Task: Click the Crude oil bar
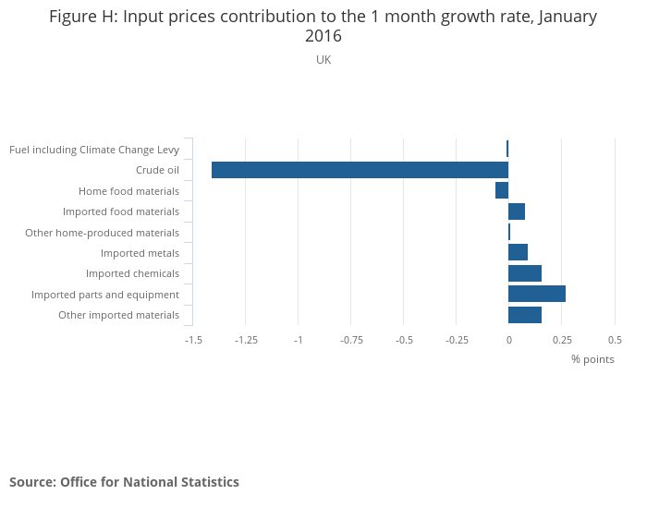(360, 170)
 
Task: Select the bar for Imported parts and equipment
(537, 295)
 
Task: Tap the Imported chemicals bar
(525, 273)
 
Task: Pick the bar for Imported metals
(518, 252)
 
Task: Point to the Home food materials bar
(502, 190)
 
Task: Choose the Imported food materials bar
(517, 211)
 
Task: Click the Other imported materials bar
(525, 315)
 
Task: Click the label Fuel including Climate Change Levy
(93, 150)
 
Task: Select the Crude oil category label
(157, 170)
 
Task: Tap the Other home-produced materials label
(102, 233)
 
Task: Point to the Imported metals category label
(140, 253)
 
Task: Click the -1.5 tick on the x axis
(193, 340)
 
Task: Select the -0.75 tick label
(351, 340)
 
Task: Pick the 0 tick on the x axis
(508, 340)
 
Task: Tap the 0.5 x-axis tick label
(615, 340)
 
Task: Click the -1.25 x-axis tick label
(246, 340)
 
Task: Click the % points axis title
(592, 359)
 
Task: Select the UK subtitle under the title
(323, 60)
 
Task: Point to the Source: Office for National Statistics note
(124, 482)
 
